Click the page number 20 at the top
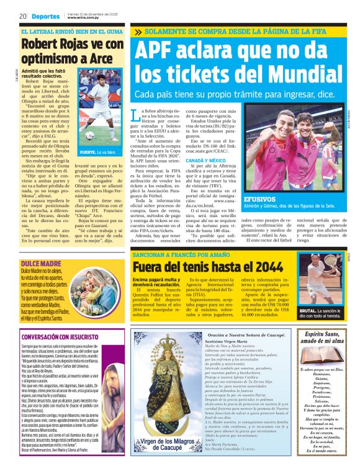22,16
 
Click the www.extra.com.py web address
84,18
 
